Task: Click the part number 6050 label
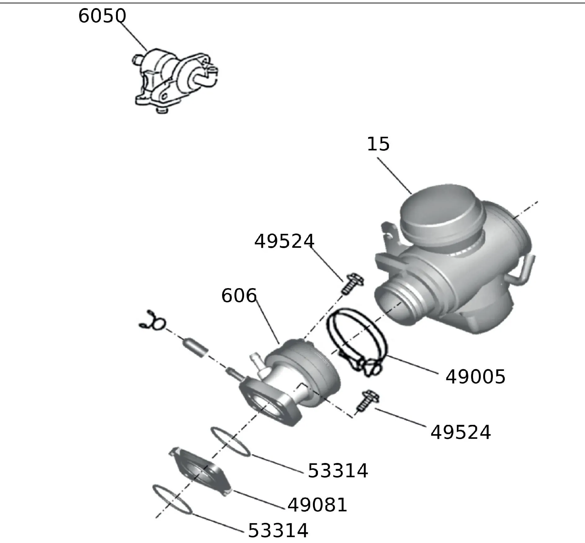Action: click(102, 16)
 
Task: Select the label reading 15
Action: click(378, 144)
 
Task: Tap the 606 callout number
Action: click(239, 296)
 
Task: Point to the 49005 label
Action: click(475, 377)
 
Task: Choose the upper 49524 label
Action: click(284, 241)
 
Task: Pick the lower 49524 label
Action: click(461, 432)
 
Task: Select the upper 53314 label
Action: click(338, 471)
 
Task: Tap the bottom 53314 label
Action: click(278, 531)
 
